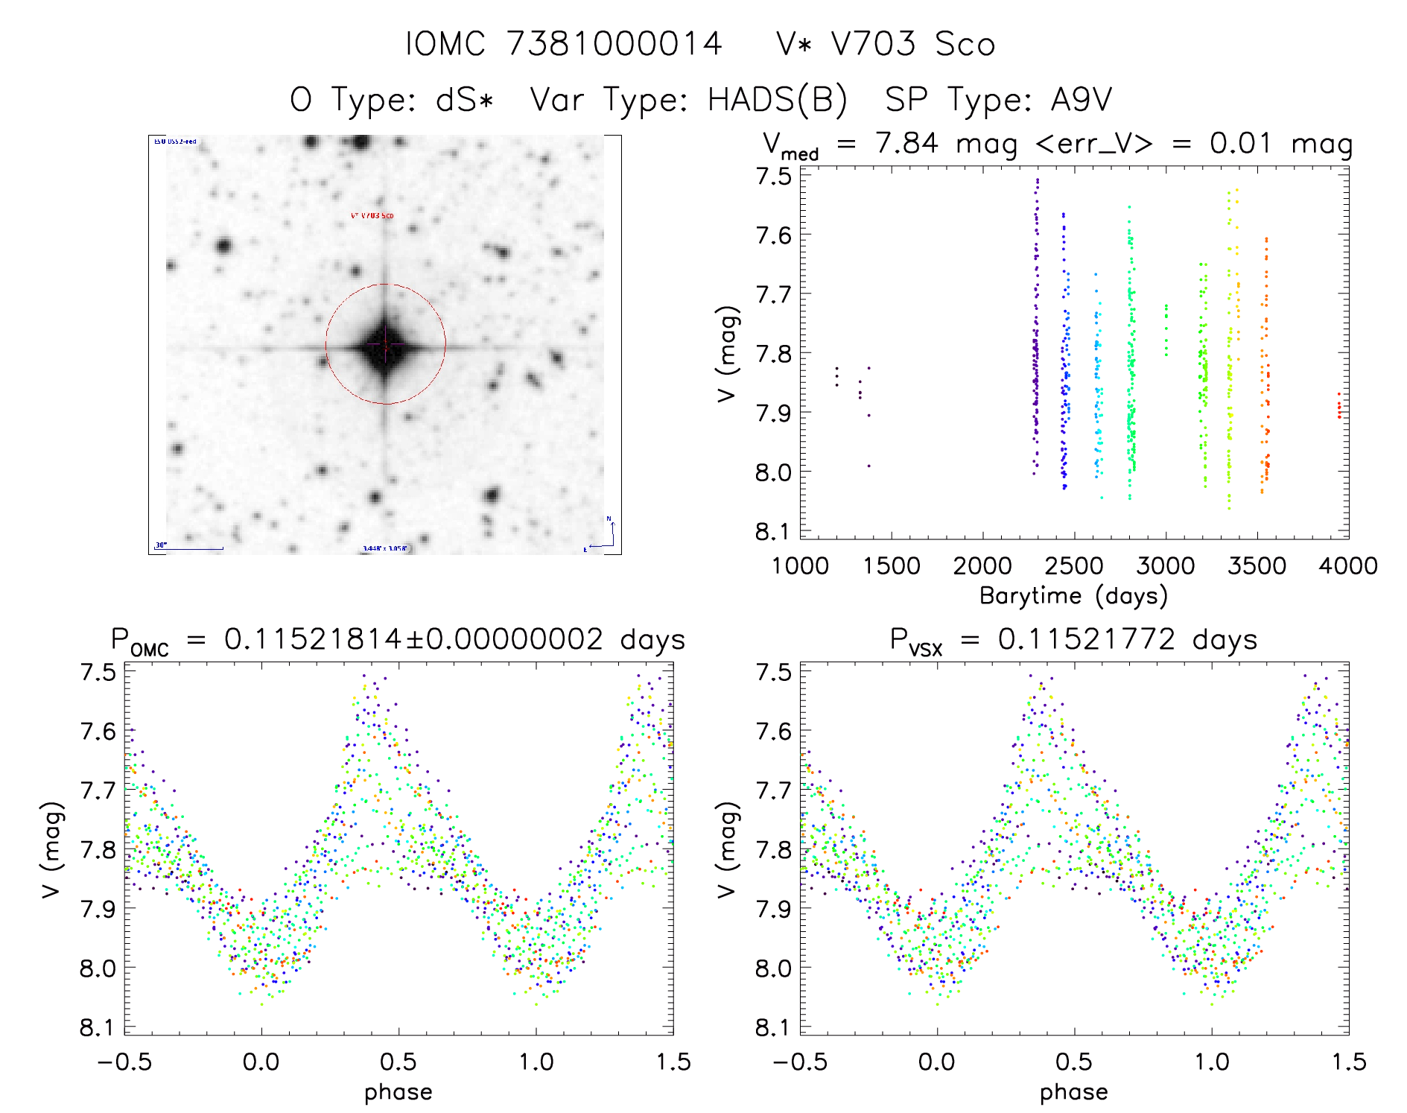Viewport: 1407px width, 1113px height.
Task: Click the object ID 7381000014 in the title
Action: [614, 44]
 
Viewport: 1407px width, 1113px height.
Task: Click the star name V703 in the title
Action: [873, 44]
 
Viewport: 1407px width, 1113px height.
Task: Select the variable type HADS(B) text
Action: [777, 100]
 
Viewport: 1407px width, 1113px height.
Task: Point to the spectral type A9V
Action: [1081, 100]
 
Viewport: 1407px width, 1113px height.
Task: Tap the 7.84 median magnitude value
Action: [906, 143]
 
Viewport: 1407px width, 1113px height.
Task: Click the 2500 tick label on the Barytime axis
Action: [1074, 566]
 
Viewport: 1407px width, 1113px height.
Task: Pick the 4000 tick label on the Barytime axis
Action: [1348, 566]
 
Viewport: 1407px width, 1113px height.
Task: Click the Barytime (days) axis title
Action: [1073, 596]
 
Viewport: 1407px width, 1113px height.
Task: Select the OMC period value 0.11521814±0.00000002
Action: [413, 640]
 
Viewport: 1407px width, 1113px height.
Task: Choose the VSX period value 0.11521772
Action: [1087, 640]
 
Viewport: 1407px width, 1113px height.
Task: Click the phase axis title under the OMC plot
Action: [398, 1092]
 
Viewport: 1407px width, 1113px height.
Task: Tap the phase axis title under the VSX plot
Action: [1074, 1092]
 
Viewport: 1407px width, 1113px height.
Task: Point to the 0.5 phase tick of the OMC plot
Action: [398, 1062]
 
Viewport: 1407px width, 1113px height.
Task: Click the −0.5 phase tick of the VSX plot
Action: [800, 1062]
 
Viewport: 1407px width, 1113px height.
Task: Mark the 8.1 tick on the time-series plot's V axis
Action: [773, 532]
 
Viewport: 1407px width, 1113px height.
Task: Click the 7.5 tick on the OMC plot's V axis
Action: [98, 672]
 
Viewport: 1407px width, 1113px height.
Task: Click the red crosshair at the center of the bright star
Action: [385, 344]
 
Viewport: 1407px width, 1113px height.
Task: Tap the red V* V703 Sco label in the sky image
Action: [372, 216]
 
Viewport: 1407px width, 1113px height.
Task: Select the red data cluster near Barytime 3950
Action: [1338, 407]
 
